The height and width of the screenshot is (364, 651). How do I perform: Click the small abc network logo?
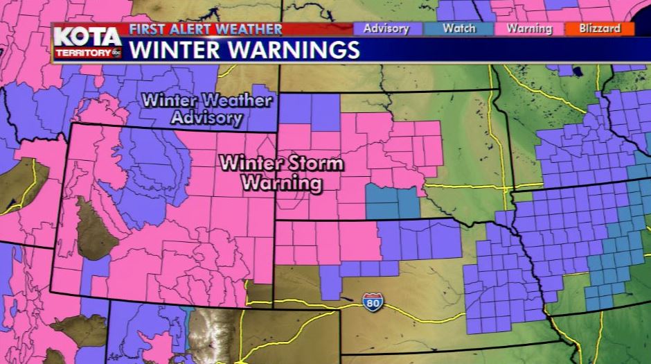tap(117, 52)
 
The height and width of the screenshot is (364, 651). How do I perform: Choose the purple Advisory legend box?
tap(386, 28)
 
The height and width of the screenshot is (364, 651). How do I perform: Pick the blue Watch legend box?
tap(458, 28)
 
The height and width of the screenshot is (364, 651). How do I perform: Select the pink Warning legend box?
tap(528, 28)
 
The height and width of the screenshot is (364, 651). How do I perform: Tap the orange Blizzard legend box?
tap(601, 28)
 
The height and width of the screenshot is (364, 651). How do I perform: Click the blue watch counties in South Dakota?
tap(392, 202)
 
